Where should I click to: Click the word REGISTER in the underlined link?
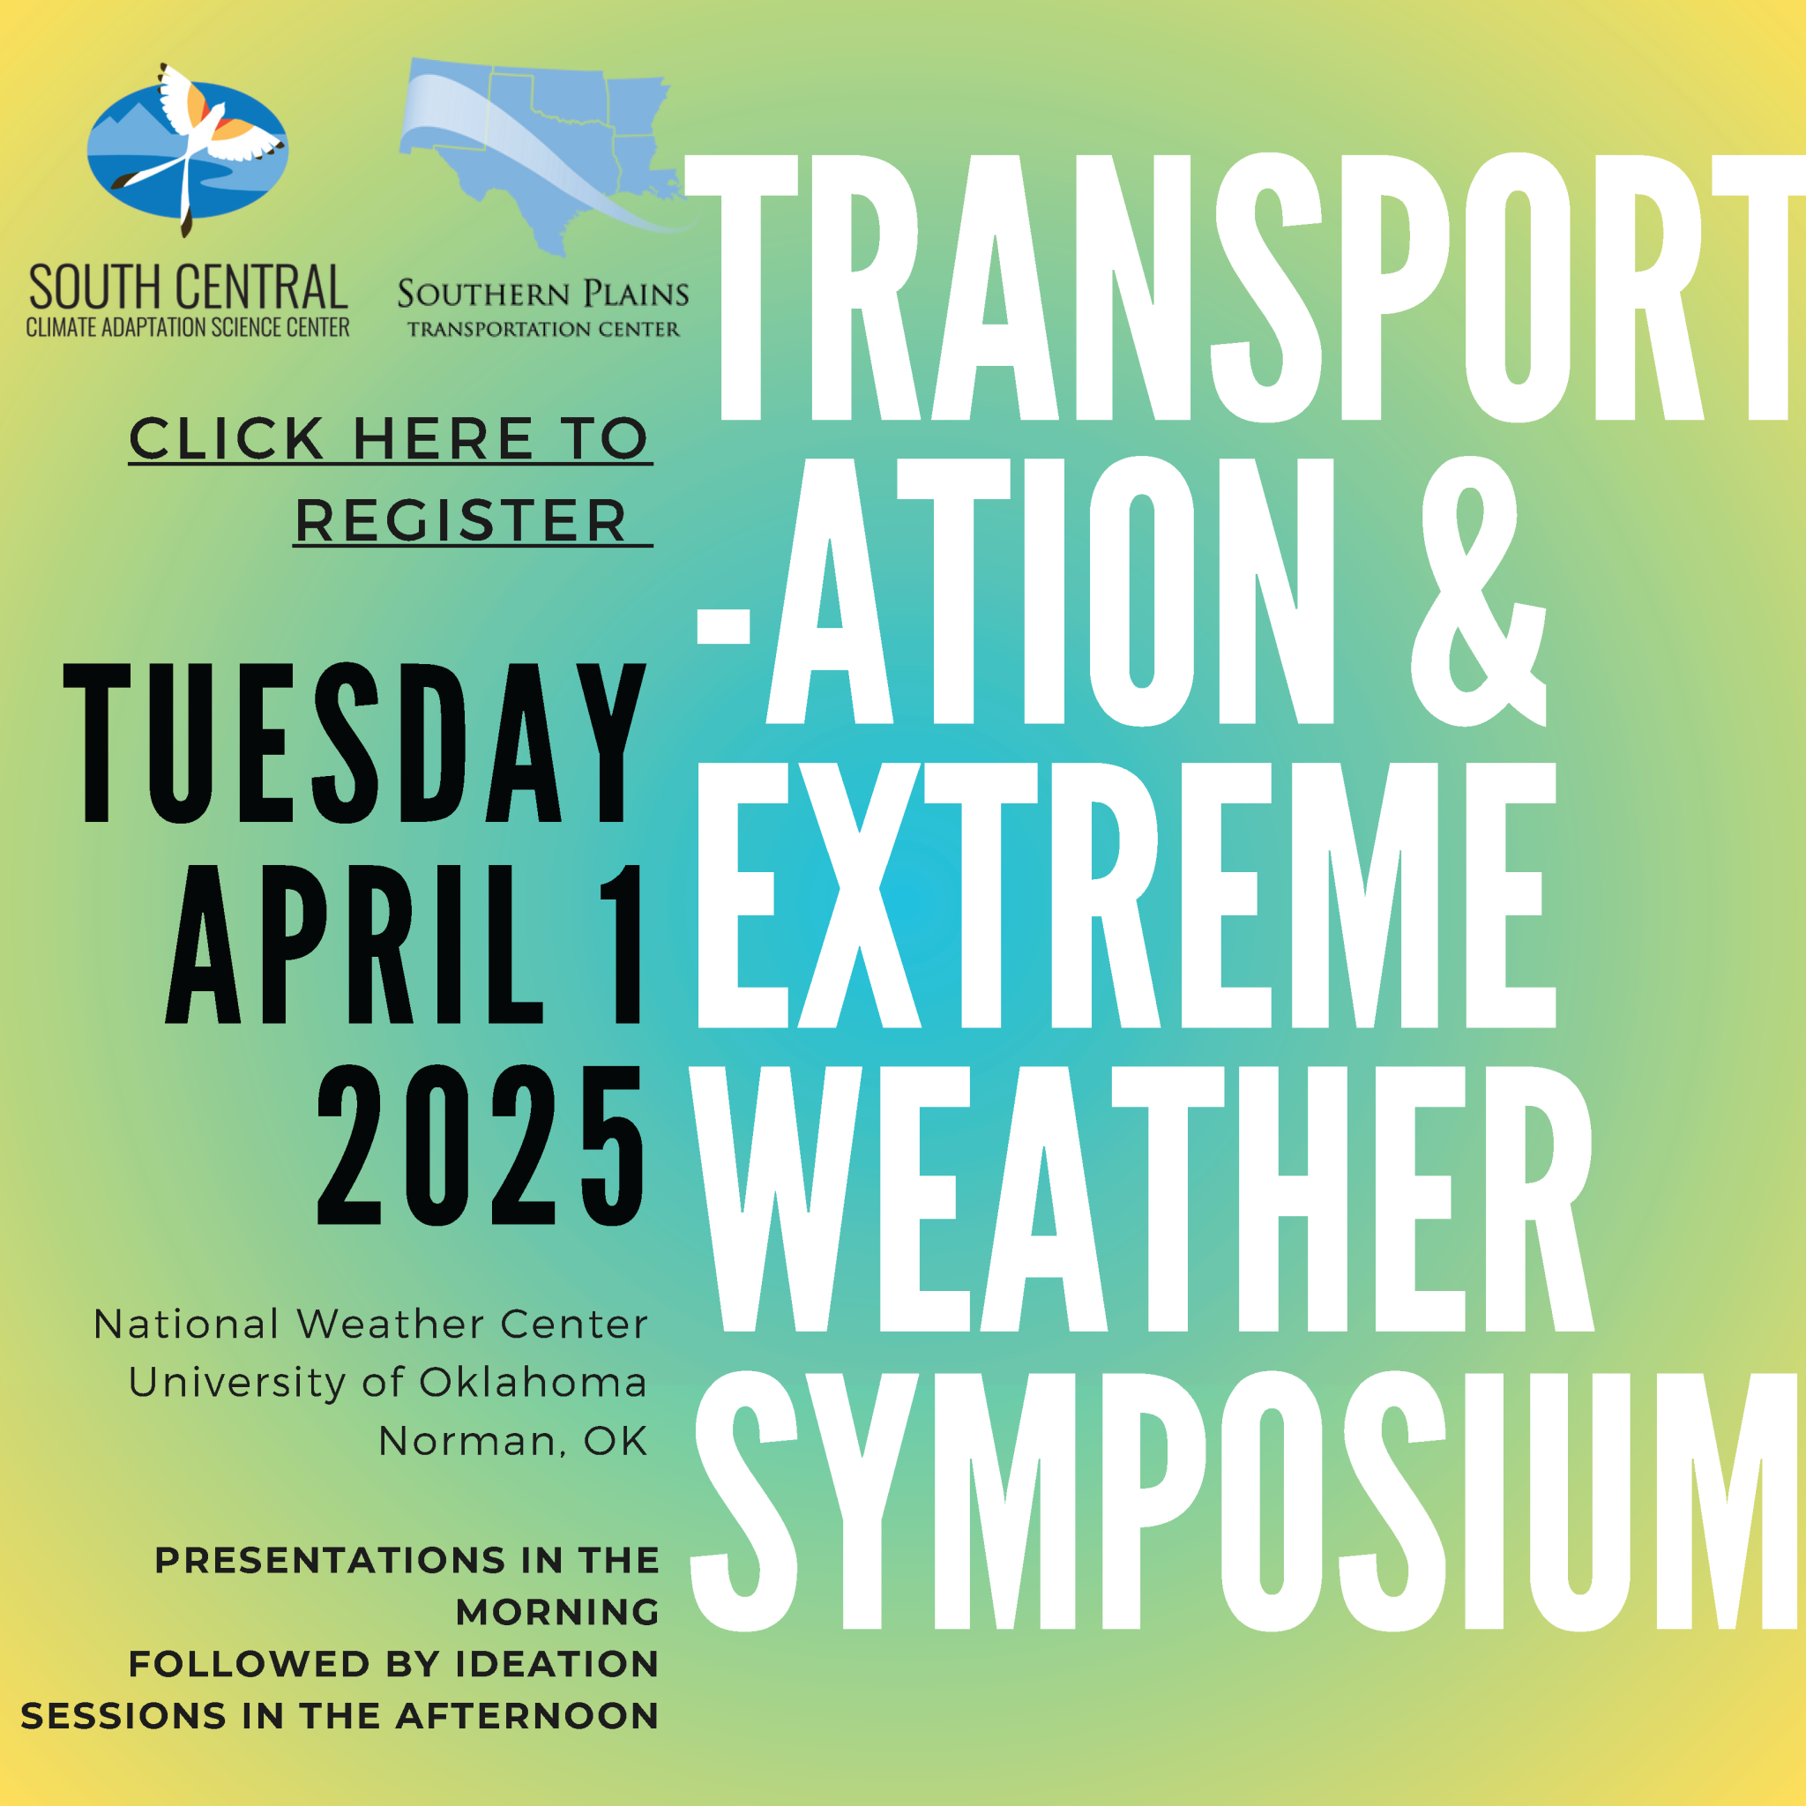tap(461, 520)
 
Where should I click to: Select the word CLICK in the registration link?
tap(227, 438)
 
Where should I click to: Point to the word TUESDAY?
tap(354, 744)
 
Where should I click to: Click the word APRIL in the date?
tap(354, 944)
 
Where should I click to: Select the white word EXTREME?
tap(1126, 896)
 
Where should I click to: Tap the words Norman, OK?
tap(513, 1442)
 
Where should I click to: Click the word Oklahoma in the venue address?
tap(533, 1383)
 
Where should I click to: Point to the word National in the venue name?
tap(186, 1325)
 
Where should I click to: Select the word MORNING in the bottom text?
tap(557, 1612)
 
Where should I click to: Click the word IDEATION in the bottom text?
tap(557, 1664)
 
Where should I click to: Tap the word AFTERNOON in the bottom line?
tap(527, 1716)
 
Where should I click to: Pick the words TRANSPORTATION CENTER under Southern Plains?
tap(543, 329)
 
